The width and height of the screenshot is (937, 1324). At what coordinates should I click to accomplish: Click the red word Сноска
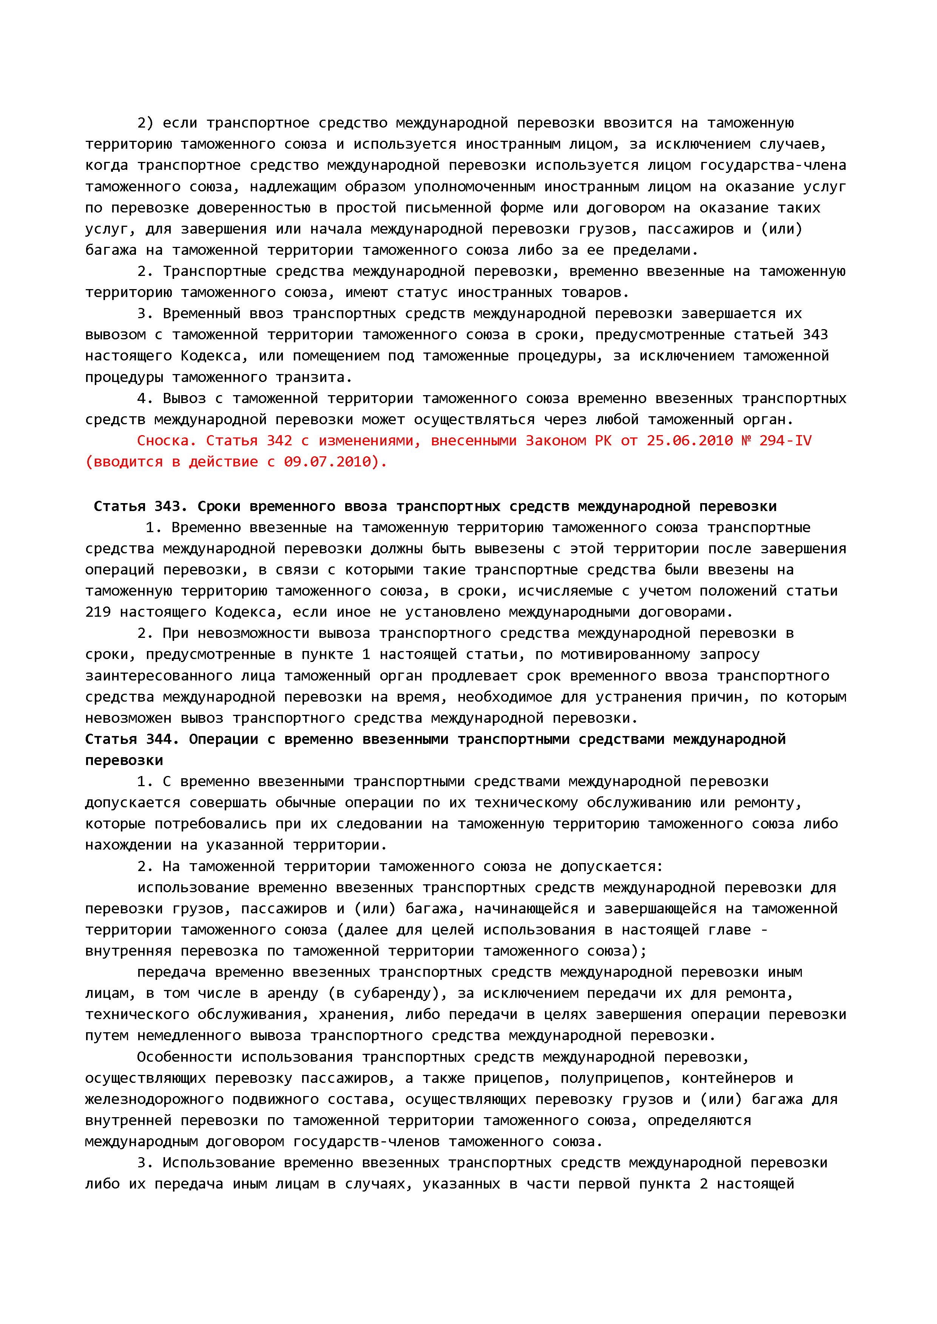click(162, 440)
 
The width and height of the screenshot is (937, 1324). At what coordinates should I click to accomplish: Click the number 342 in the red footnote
click(279, 440)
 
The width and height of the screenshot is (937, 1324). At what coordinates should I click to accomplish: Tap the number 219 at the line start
click(98, 612)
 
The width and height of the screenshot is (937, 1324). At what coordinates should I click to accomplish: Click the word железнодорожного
click(154, 1099)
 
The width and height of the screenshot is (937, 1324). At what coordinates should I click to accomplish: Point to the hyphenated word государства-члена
click(773, 165)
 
